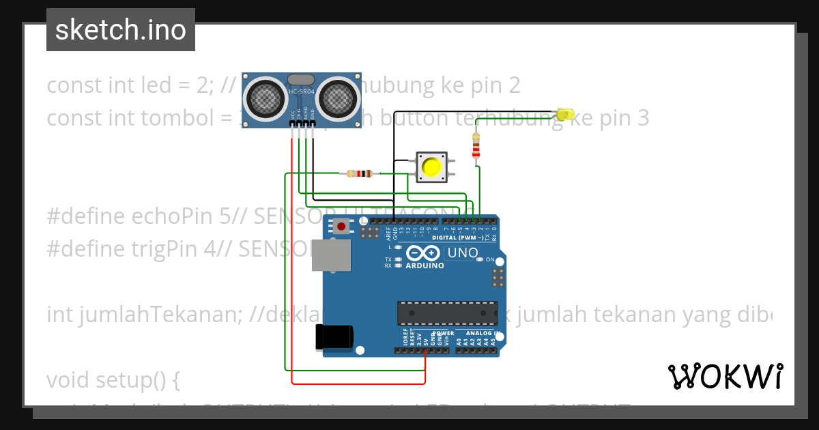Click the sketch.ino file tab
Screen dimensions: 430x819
[x=121, y=30]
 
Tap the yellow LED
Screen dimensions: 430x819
[x=566, y=115]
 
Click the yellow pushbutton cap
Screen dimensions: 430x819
[x=431, y=167]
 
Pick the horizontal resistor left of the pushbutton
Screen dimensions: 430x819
[x=360, y=173]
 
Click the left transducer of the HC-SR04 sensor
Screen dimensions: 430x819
[x=264, y=97]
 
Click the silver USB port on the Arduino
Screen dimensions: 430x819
[x=332, y=255]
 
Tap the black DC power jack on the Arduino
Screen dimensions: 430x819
[x=334, y=338]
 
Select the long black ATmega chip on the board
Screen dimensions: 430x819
[x=447, y=313]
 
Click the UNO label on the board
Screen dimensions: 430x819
[x=462, y=253]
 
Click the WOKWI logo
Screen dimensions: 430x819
[x=725, y=376]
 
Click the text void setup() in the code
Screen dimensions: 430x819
[x=113, y=380]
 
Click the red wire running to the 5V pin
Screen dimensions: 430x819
[x=292, y=259]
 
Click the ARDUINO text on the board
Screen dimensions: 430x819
[x=424, y=266]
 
